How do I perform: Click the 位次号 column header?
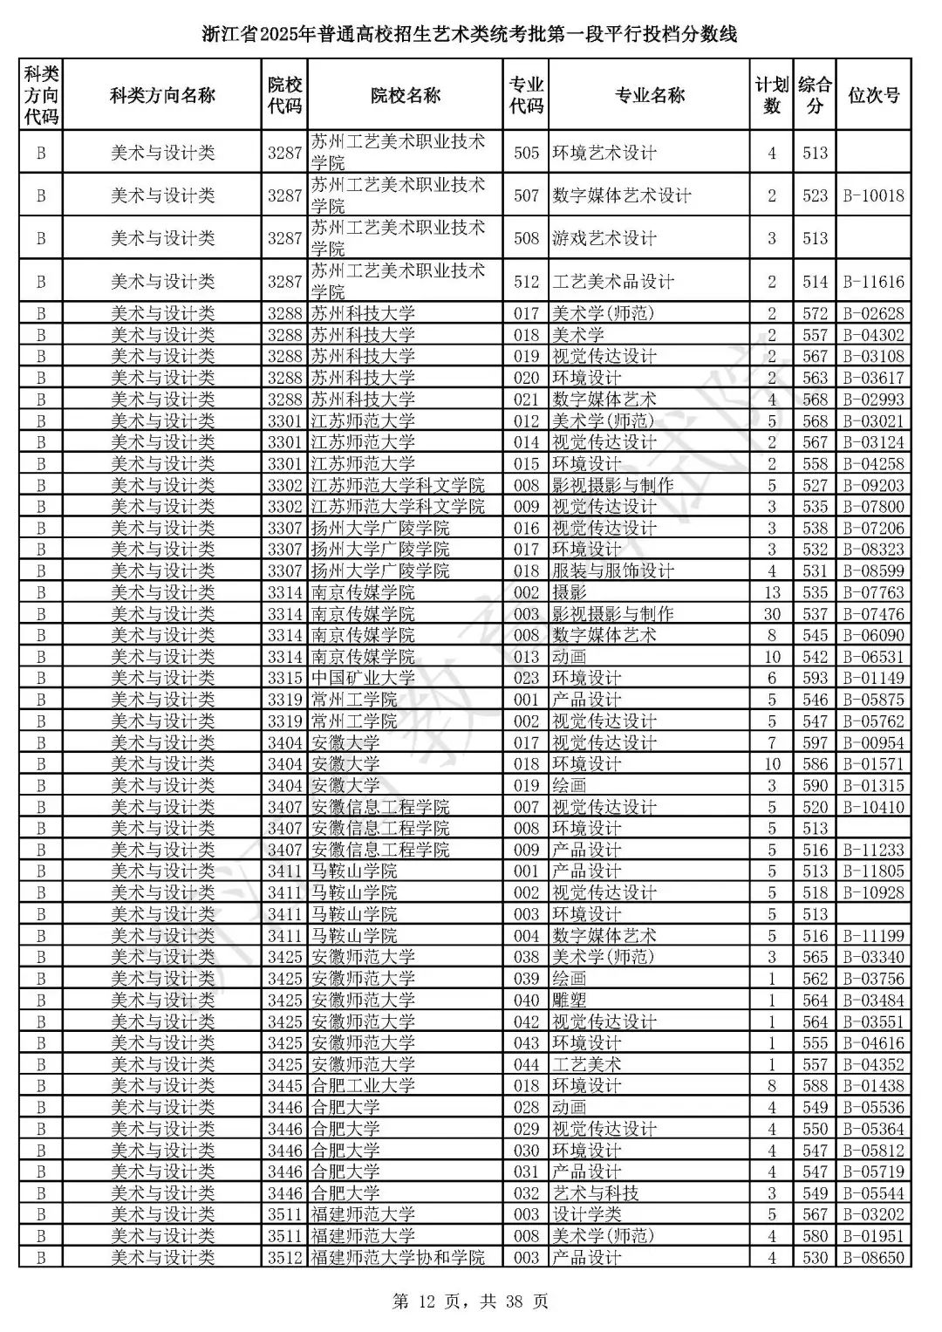[873, 95]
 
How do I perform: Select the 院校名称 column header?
[405, 95]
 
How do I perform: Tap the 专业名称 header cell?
[649, 95]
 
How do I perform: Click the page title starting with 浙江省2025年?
[470, 35]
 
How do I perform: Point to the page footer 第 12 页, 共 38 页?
[471, 1301]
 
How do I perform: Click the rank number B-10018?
[873, 195]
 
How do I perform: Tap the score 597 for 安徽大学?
[815, 742]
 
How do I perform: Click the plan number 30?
[771, 614]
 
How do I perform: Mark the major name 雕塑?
[570, 1000]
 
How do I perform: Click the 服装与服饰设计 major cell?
[613, 570]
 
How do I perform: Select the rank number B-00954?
[873, 742]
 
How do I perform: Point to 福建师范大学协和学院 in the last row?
[398, 1257]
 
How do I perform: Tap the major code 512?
[526, 282]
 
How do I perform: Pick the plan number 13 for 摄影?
[771, 592]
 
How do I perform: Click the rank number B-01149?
[873, 678]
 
